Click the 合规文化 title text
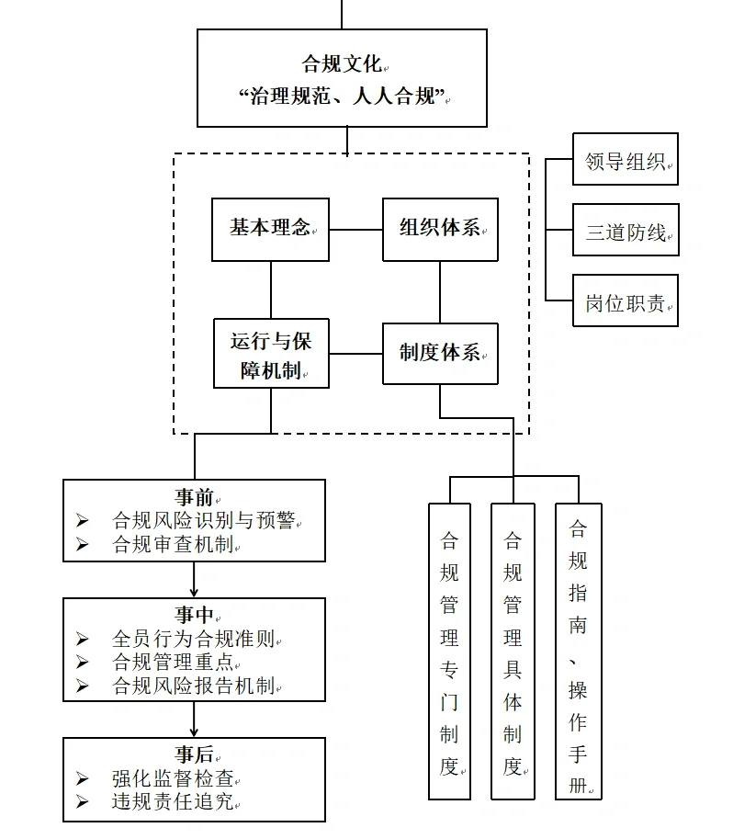pyautogui.click(x=342, y=63)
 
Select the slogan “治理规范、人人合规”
pyautogui.click(x=342, y=96)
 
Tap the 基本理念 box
pyautogui.click(x=270, y=229)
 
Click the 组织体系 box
pyautogui.click(x=440, y=229)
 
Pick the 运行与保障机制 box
pyautogui.click(x=271, y=354)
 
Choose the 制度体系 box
pyautogui.click(x=440, y=354)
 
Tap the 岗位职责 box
pyautogui.click(x=625, y=300)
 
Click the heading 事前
pyautogui.click(x=194, y=497)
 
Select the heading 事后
pyautogui.click(x=194, y=754)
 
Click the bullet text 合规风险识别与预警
pyautogui.click(x=203, y=520)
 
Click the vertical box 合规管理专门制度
pyautogui.click(x=449, y=651)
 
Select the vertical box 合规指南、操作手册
pyautogui.click(x=578, y=651)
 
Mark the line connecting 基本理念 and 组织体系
pyautogui.click(x=355, y=229)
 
